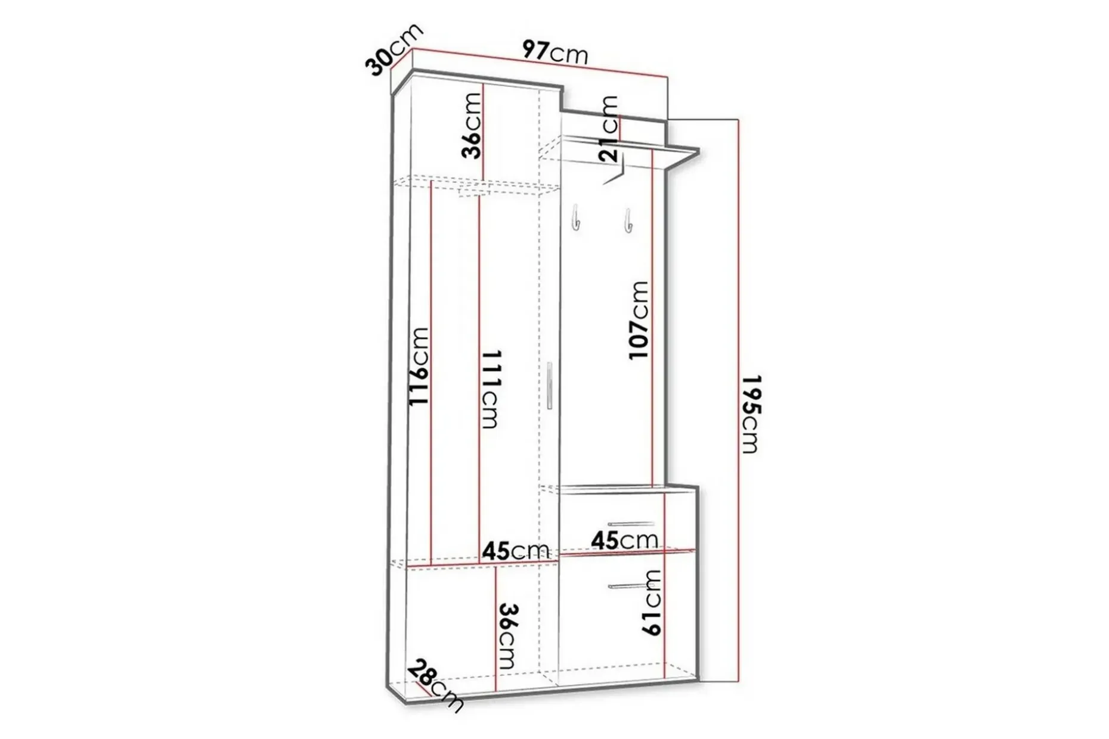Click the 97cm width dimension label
[555, 52]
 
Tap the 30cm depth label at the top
[394, 50]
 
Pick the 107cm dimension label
[639, 320]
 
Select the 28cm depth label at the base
[436, 685]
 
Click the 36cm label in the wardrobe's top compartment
[472, 125]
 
